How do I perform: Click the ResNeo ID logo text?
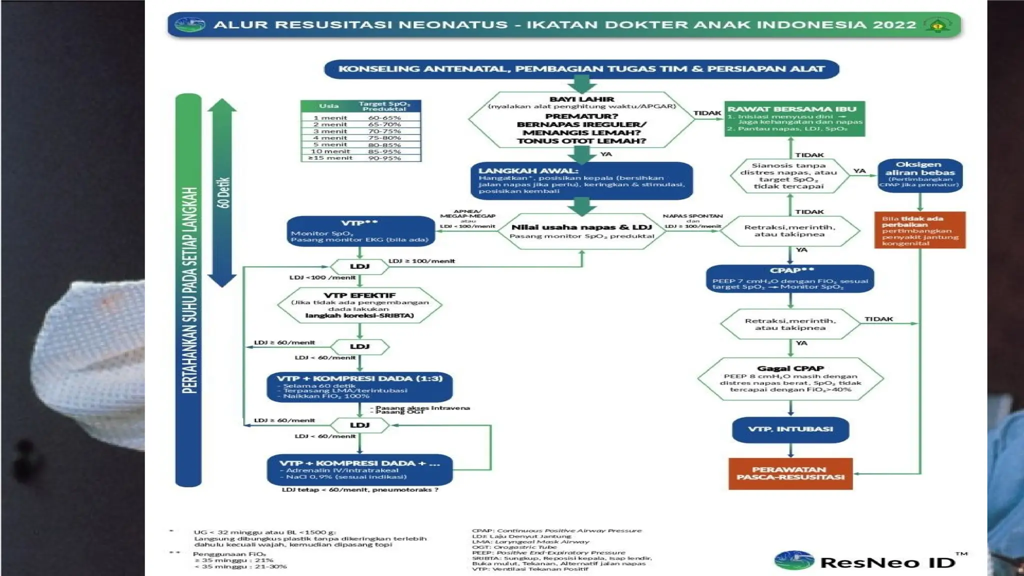[x=887, y=562]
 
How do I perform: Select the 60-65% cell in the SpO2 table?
[x=384, y=118]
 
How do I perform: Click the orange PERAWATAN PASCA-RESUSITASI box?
[x=790, y=473]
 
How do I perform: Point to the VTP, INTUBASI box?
[x=790, y=429]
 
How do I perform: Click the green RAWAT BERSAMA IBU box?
[x=794, y=119]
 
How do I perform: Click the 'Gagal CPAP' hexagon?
[x=790, y=379]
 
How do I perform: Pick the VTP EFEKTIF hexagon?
[x=359, y=305]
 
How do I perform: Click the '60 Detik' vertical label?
[x=223, y=192]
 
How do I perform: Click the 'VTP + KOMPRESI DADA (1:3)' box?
[x=359, y=386]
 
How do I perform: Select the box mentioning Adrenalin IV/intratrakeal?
[x=359, y=470]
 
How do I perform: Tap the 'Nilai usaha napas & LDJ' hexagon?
[x=581, y=231]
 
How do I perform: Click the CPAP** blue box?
[x=790, y=278]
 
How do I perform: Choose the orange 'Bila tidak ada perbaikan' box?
[x=919, y=230]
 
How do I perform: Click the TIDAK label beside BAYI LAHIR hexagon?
[x=707, y=113]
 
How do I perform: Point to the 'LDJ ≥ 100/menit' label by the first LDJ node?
[x=421, y=261]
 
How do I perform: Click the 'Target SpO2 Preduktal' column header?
[x=384, y=106]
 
